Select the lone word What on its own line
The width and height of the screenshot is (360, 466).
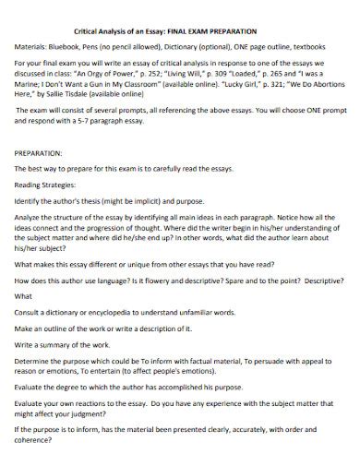pos(23,296)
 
